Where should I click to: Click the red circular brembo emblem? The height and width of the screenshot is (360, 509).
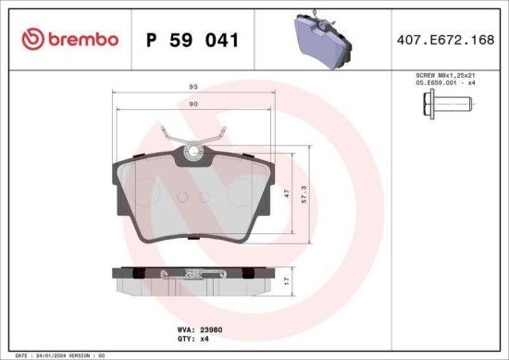pyautogui.click(x=32, y=40)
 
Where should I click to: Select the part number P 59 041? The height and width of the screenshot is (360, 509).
pyautogui.click(x=192, y=40)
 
